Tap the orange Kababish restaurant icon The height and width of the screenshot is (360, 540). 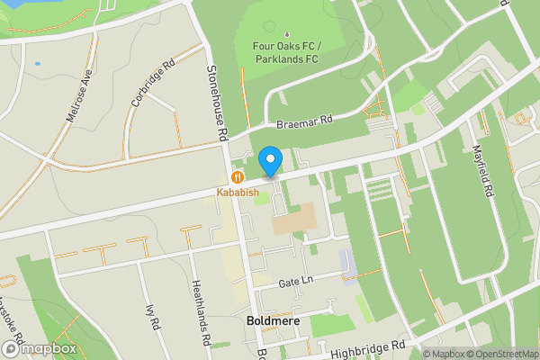[238, 177]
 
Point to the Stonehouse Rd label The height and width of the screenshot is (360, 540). [216, 102]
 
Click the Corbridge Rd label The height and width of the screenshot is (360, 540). [151, 84]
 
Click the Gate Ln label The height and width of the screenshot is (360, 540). [296, 281]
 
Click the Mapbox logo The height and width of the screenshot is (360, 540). [39, 347]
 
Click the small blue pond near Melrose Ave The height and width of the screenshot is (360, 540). [37, 65]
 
